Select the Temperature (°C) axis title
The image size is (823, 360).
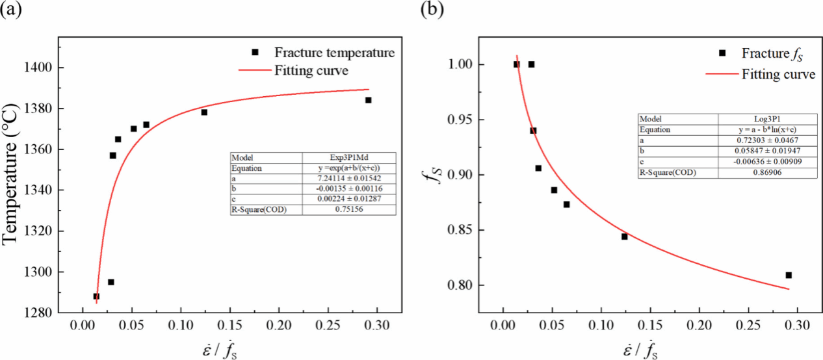pos(12,174)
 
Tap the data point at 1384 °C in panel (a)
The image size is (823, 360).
pos(368,100)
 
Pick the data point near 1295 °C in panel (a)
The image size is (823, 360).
pos(111,282)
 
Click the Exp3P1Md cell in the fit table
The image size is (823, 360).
pos(349,158)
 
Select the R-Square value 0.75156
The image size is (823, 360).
pos(349,209)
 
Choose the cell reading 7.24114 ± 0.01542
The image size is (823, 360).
pos(349,178)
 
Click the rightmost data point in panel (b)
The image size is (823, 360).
pos(789,275)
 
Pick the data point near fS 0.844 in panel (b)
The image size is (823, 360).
pos(624,237)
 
